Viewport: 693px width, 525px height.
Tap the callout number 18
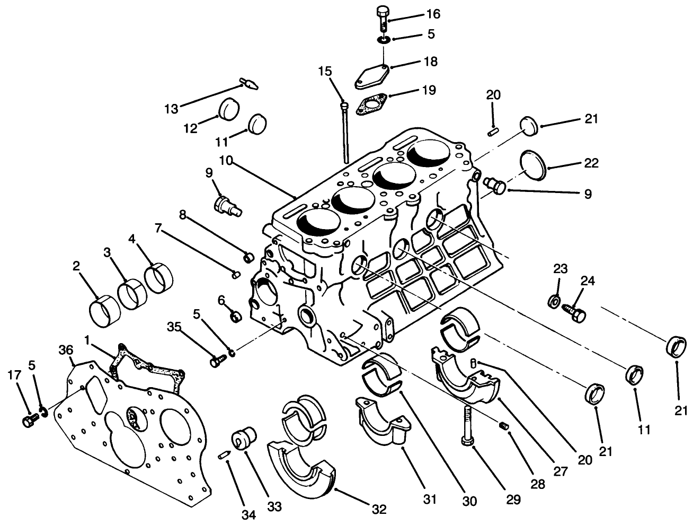(431, 62)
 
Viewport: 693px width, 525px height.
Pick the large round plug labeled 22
(533, 164)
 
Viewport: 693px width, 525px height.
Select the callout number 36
(65, 351)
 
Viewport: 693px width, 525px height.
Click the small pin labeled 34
(224, 454)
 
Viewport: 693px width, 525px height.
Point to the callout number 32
(378, 510)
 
